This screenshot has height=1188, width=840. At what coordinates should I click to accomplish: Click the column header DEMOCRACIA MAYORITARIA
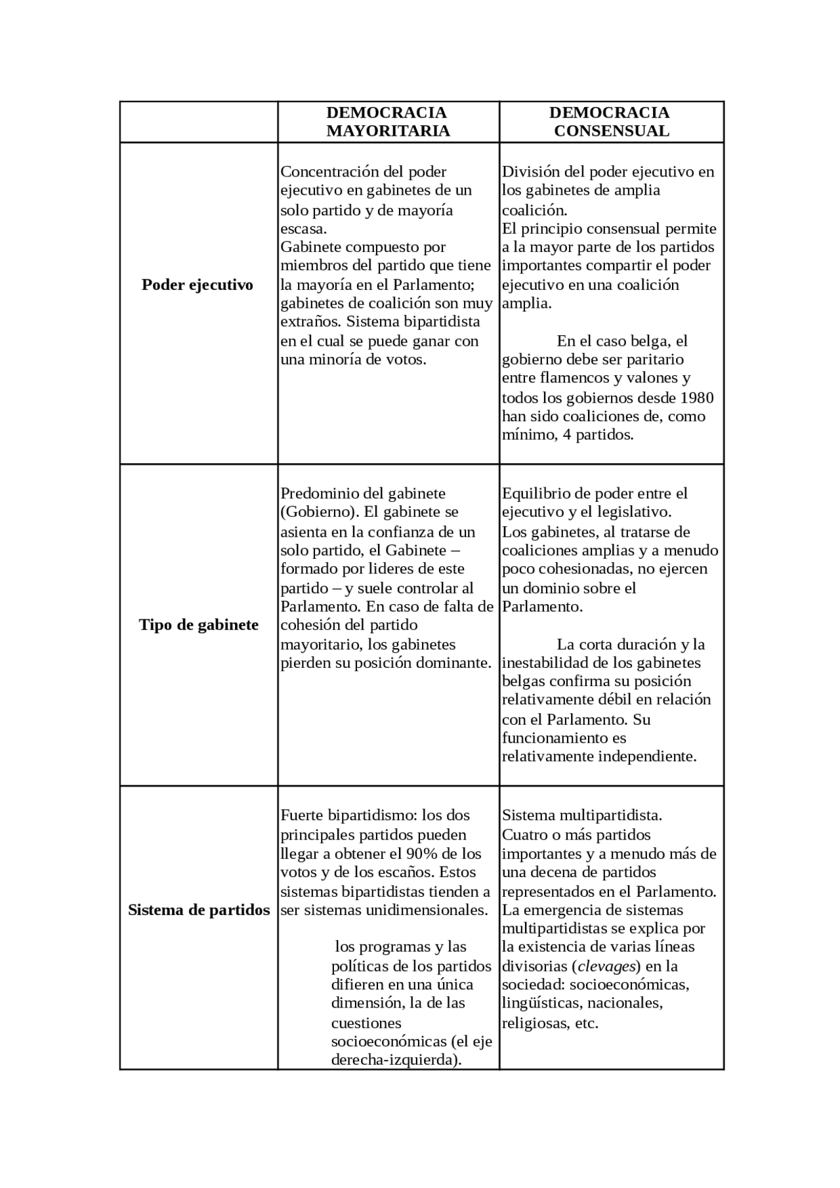pos(388,122)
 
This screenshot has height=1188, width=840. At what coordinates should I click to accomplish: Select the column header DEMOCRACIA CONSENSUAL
pos(611,122)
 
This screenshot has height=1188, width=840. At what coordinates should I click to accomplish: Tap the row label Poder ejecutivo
pos(198,285)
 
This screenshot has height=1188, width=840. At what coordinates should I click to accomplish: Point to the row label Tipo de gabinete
pos(199,625)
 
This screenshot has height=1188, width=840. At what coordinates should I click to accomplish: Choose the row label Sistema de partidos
pos(199,911)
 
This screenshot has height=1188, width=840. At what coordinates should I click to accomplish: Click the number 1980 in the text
pos(696,398)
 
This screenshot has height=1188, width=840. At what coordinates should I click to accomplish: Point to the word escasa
pos(303,229)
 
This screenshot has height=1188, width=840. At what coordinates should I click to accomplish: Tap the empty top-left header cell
pos(198,122)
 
